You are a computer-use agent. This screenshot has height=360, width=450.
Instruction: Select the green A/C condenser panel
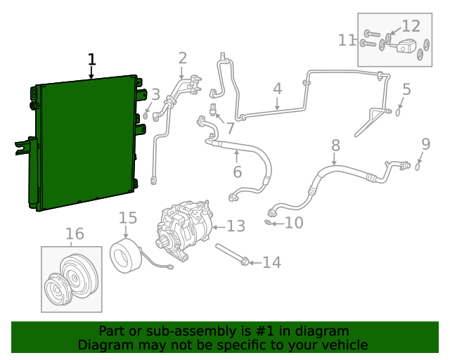(x=84, y=144)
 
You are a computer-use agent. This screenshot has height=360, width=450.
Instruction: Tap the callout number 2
(x=182, y=58)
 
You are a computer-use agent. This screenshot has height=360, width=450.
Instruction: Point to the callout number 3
(x=155, y=94)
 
